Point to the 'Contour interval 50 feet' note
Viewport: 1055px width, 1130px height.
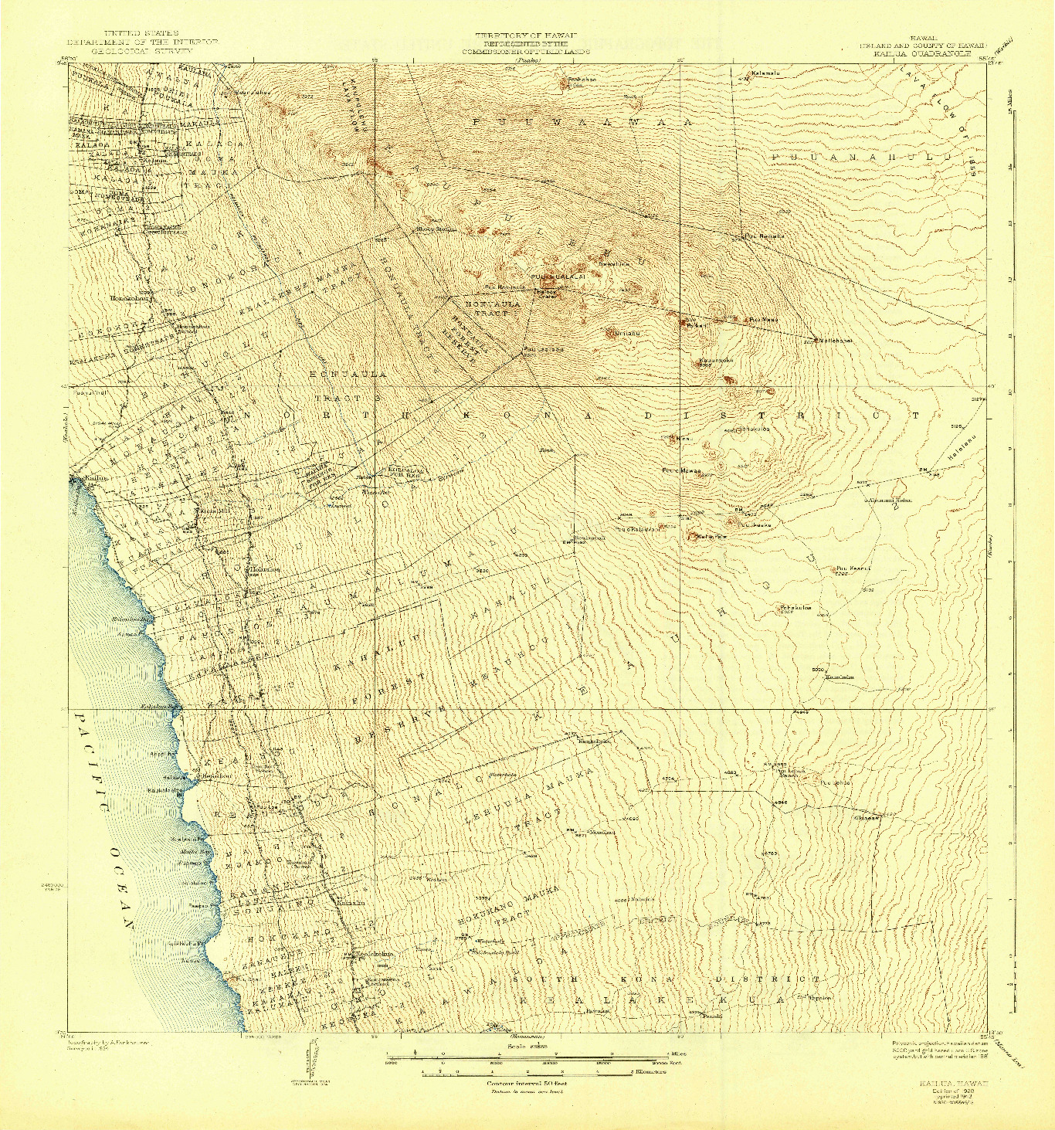coord(527,1084)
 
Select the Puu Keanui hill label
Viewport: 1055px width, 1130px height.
coord(853,568)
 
